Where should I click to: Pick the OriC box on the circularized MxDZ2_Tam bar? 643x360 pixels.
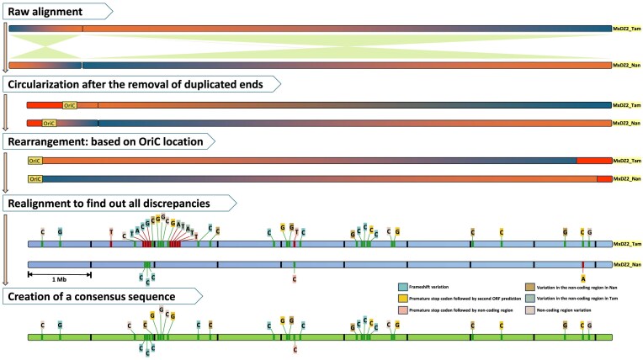pos(70,105)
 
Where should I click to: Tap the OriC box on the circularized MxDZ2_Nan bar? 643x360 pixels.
pos(50,123)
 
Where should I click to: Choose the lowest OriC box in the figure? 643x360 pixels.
pos(35,179)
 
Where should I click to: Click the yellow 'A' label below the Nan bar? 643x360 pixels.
pos(582,278)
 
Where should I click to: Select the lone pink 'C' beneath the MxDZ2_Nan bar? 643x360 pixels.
pos(294,278)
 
